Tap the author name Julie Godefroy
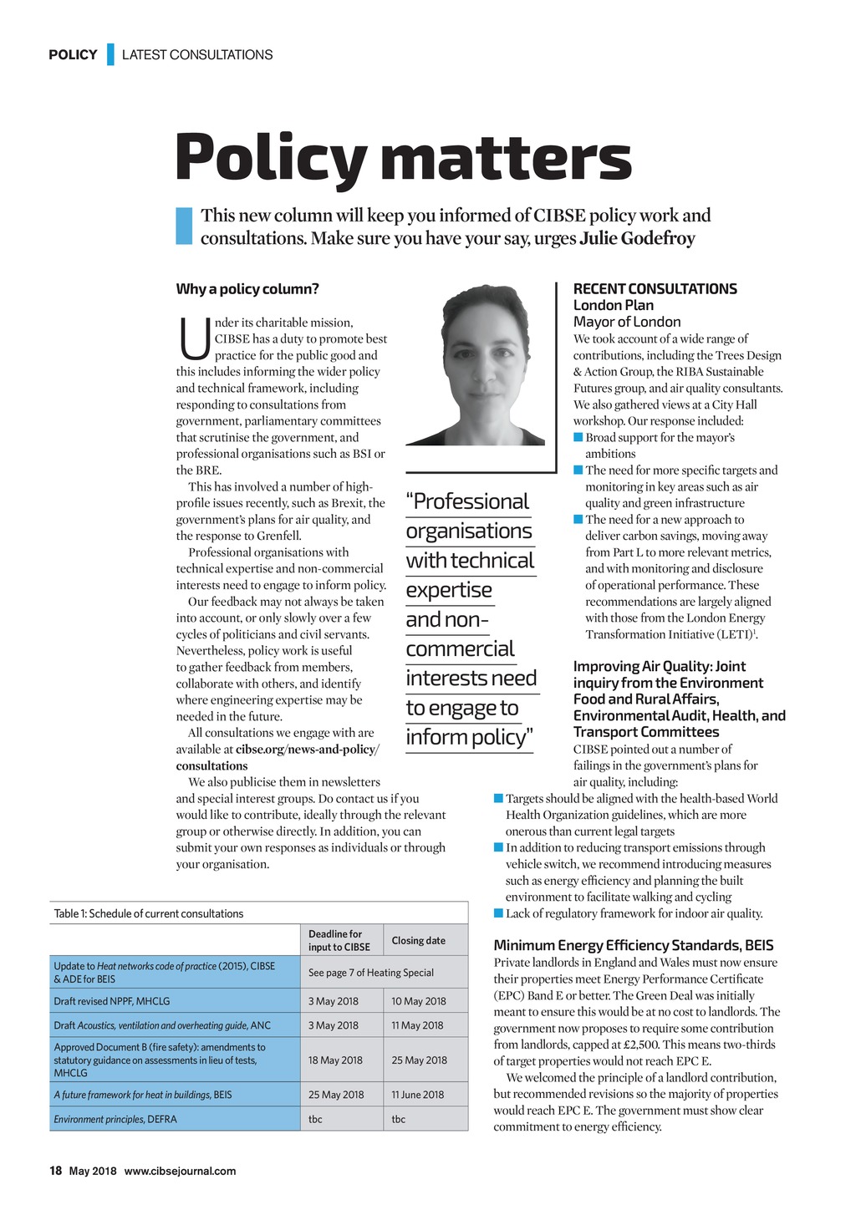point(637,239)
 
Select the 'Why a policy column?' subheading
point(247,289)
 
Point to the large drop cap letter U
point(193,338)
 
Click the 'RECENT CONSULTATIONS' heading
point(655,289)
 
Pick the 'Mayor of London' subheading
point(627,322)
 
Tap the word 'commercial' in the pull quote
point(460,649)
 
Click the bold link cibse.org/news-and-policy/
point(307,750)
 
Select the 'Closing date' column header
point(419,941)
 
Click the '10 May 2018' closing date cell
point(419,1001)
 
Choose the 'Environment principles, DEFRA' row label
point(115,1119)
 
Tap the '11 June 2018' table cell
point(419,1095)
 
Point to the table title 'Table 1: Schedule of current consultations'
point(149,913)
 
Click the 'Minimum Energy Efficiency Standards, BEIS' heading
point(634,945)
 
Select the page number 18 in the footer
point(55,1171)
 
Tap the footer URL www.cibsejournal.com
point(180,1171)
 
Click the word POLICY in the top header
point(73,55)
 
